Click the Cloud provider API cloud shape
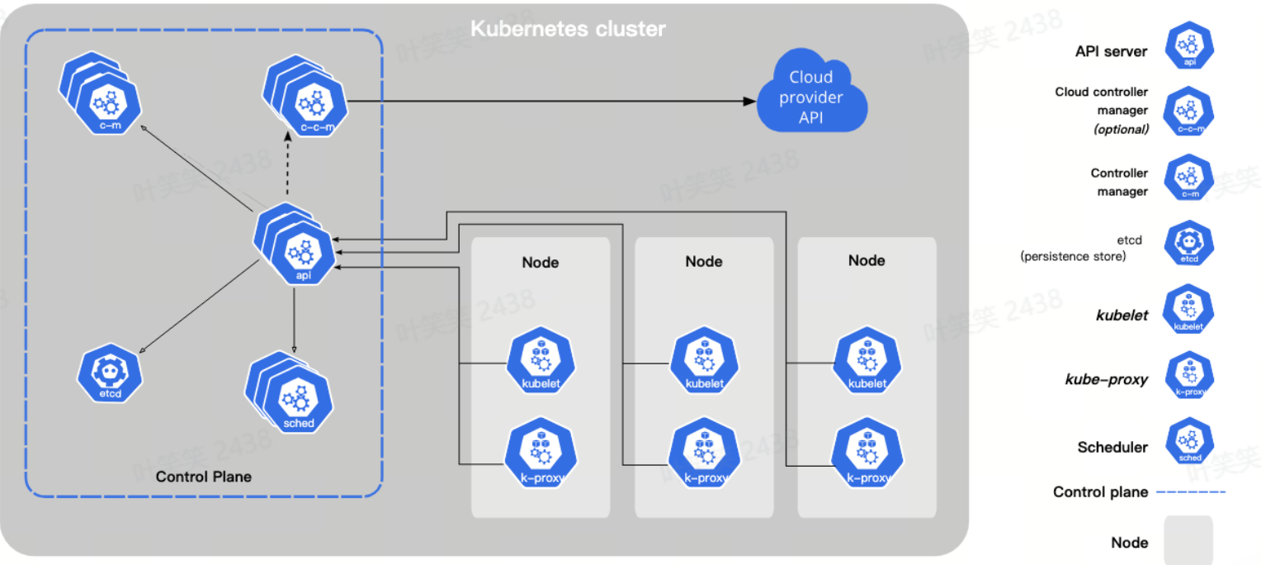pyautogui.click(x=812, y=97)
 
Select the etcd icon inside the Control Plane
pyautogui.click(x=110, y=374)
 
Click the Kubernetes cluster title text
pyautogui.click(x=568, y=30)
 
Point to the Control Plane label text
pyautogui.click(x=204, y=477)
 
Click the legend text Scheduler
pyautogui.click(x=1112, y=448)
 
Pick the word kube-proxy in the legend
pyautogui.click(x=1107, y=380)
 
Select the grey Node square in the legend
pyautogui.click(x=1188, y=539)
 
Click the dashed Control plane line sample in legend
pyautogui.click(x=1190, y=492)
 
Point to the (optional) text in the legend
pyautogui.click(x=1121, y=129)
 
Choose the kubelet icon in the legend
pyautogui.click(x=1188, y=311)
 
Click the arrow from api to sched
pyautogui.click(x=295, y=318)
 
